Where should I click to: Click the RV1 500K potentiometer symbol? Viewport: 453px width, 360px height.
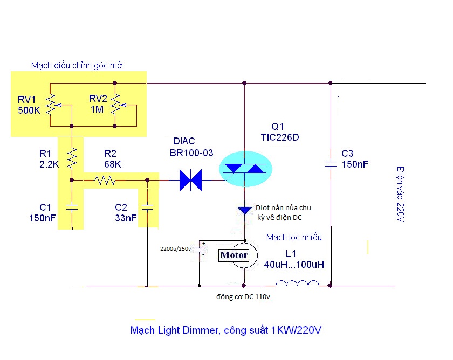[51, 105]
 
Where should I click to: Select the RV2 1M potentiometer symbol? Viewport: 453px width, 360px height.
[115, 105]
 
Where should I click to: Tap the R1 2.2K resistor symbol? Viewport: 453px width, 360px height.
[72, 157]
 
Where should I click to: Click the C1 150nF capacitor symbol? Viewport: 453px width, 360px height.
[72, 206]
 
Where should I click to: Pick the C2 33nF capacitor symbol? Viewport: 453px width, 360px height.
[147, 206]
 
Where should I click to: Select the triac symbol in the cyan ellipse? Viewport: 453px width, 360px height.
[245, 170]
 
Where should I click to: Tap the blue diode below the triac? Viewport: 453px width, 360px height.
[245, 209]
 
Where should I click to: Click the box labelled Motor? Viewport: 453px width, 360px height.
[234, 255]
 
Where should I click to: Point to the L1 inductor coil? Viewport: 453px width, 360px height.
[297, 285]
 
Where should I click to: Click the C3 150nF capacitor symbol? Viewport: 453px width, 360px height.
[331, 164]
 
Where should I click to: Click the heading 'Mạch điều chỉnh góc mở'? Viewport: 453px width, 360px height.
[77, 65]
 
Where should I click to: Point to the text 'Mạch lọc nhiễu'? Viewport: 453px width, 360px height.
[294, 237]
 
